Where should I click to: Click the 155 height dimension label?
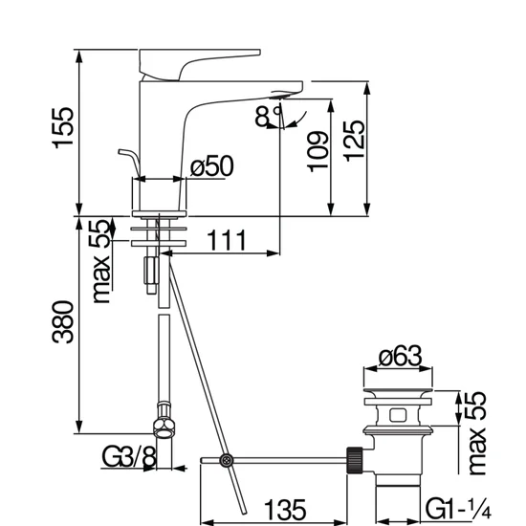[63, 127]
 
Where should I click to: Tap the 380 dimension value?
[63, 322]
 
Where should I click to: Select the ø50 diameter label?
[211, 165]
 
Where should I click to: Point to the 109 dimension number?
[318, 152]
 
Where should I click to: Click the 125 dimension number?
[354, 141]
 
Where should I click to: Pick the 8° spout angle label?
[268, 116]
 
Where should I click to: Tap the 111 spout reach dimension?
[227, 240]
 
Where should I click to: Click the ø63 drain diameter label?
[400, 356]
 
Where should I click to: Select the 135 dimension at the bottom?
[285, 510]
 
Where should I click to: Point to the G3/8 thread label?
[129, 456]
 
